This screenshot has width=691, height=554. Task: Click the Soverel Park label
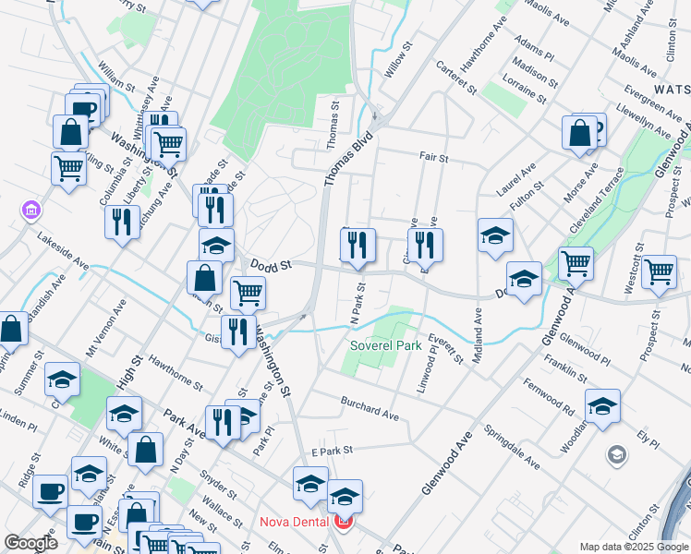pyautogui.click(x=385, y=346)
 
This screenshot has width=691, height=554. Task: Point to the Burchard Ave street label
pyautogui.click(x=370, y=409)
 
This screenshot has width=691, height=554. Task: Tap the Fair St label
pyautogui.click(x=433, y=158)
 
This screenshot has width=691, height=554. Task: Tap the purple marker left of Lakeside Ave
pyautogui.click(x=31, y=211)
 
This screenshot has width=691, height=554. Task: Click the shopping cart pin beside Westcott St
pyautogui.click(x=659, y=271)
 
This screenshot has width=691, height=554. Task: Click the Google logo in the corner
pyautogui.click(x=30, y=543)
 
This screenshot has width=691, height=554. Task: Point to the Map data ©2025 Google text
pyautogui.click(x=633, y=547)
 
